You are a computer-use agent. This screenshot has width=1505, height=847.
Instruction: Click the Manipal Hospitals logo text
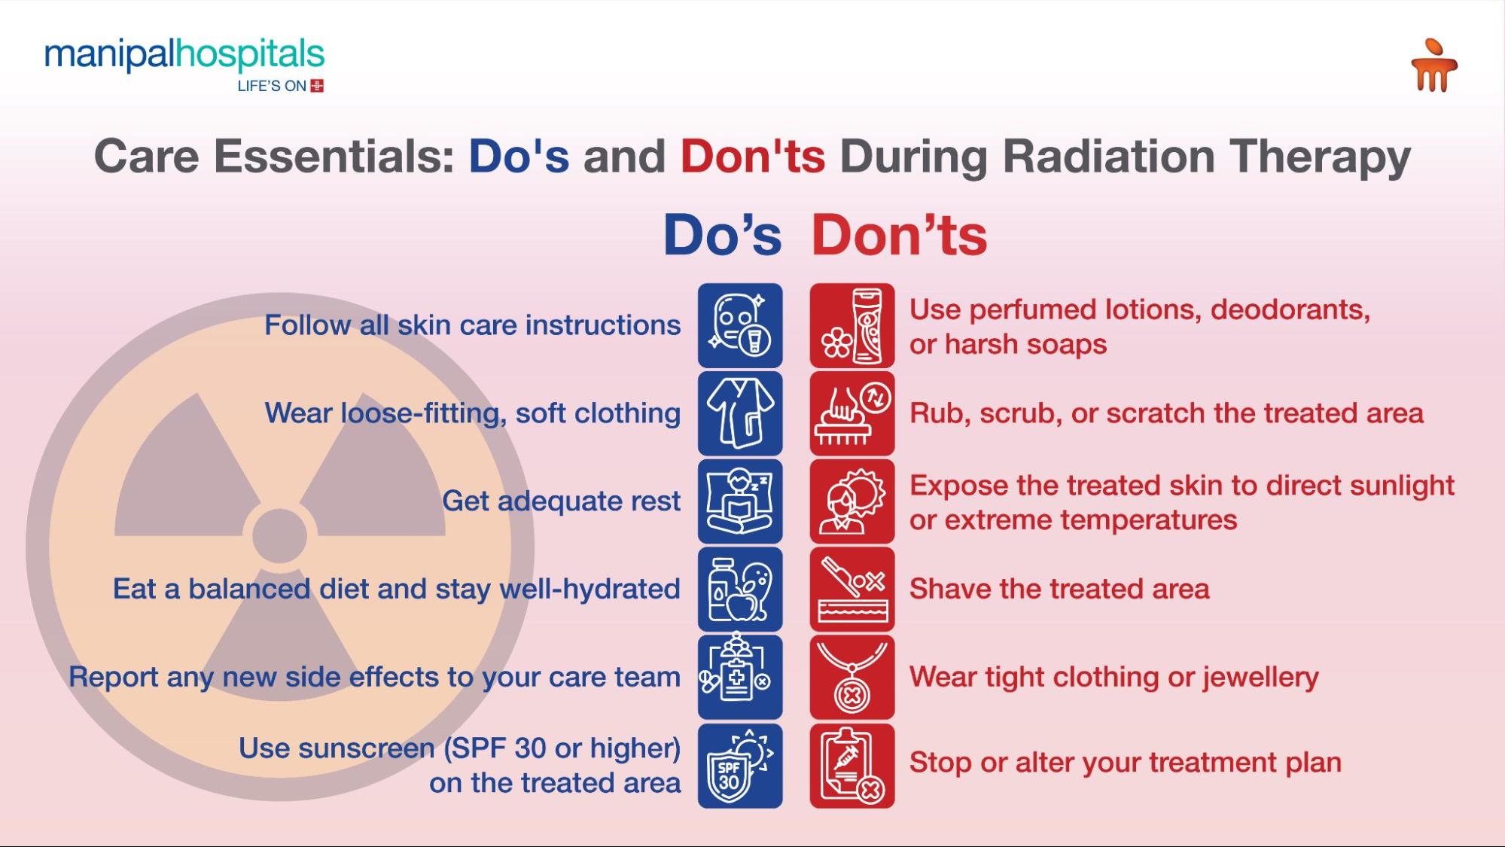pos(184,56)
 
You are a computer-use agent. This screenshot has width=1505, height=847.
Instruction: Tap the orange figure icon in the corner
pos(1433,66)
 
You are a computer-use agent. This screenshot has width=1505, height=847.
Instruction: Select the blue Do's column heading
pos(722,235)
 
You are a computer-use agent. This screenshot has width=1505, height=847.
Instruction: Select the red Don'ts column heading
pos(899,235)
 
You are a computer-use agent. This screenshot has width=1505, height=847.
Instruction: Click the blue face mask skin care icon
pos(740,325)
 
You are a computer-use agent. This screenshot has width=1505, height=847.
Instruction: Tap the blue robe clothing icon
pos(740,413)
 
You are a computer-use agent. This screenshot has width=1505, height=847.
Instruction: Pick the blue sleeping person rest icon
pos(740,501)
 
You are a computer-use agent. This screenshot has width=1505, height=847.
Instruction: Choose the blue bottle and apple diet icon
pos(740,590)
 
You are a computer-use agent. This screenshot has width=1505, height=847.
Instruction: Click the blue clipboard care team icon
pos(740,677)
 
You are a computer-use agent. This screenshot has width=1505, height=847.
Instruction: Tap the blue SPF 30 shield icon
pos(740,766)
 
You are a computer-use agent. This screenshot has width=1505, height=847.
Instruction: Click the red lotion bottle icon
pos(852,325)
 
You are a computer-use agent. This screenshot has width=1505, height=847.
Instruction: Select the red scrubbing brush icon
pos(852,413)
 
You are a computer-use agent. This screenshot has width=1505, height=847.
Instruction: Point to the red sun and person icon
pos(852,501)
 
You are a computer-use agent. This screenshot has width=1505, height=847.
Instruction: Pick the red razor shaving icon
pos(852,590)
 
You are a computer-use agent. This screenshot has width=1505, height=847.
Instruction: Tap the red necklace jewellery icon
pos(852,677)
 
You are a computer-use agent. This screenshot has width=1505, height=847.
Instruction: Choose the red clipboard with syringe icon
pos(852,766)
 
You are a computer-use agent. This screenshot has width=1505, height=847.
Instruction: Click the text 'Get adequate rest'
pos(561,501)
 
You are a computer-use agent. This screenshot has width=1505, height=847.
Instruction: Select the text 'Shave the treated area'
pos(1059,590)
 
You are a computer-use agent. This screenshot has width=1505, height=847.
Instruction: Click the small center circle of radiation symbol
pos(279,535)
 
